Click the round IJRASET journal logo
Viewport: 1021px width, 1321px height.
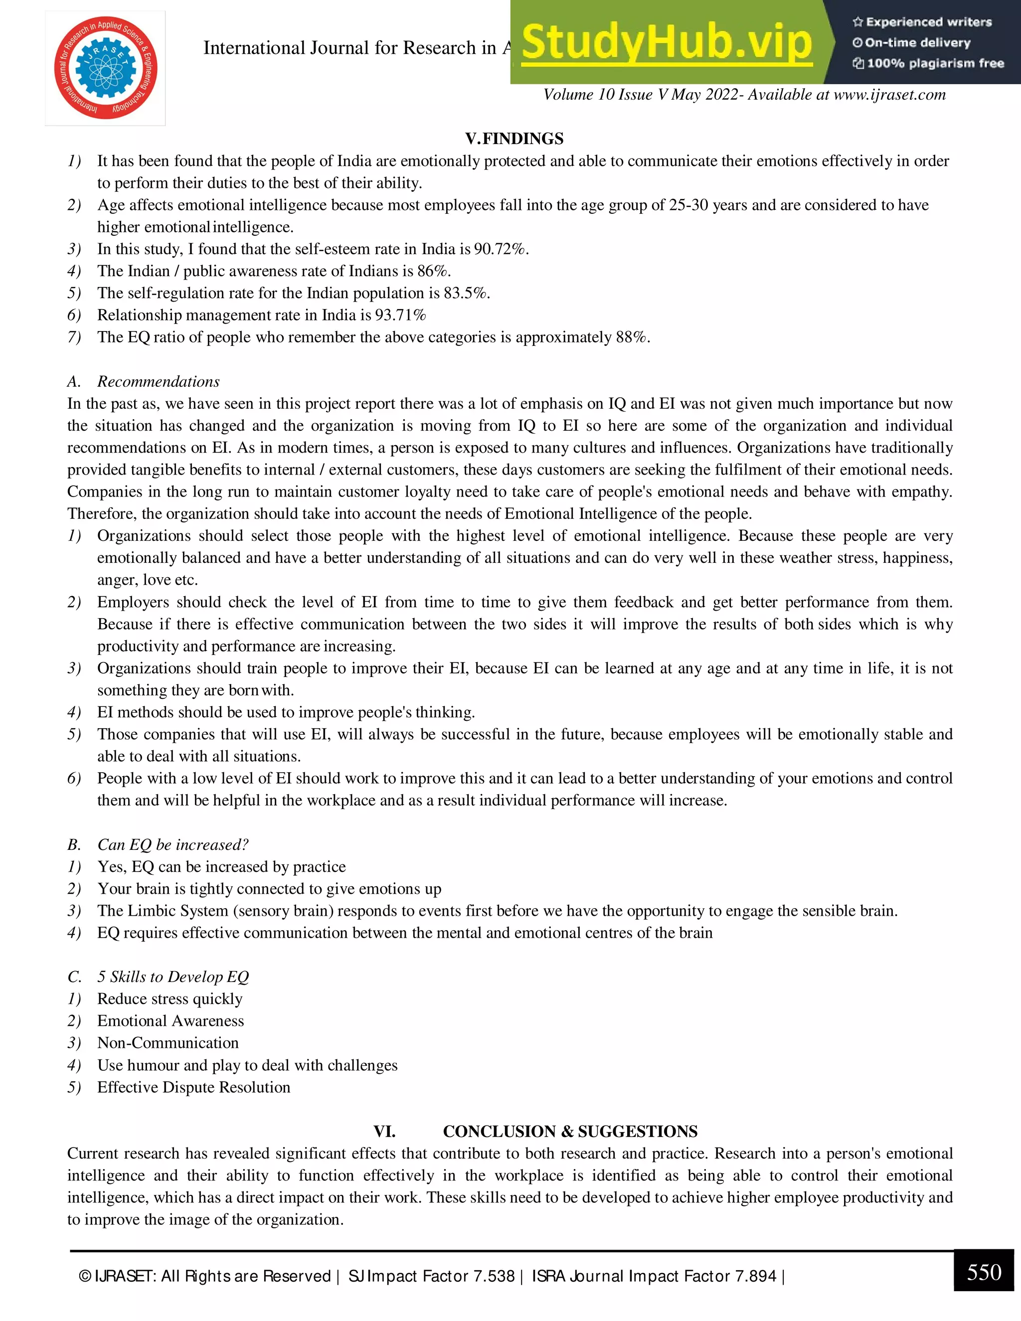(x=106, y=68)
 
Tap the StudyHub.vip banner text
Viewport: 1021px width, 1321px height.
(x=666, y=42)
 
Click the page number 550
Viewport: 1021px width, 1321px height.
(x=984, y=1272)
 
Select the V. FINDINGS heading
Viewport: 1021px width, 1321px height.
(x=514, y=139)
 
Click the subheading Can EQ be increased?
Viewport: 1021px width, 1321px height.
(x=173, y=844)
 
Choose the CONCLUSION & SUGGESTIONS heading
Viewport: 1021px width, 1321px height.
(x=570, y=1131)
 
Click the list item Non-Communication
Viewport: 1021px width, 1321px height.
(x=168, y=1043)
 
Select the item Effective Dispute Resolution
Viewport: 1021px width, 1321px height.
(x=193, y=1087)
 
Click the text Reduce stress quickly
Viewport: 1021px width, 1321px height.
(x=170, y=998)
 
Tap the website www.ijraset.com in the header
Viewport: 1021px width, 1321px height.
(x=889, y=95)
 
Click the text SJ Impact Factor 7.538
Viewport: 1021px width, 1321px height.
(x=431, y=1276)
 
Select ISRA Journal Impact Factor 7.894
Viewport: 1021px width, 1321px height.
(x=654, y=1276)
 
